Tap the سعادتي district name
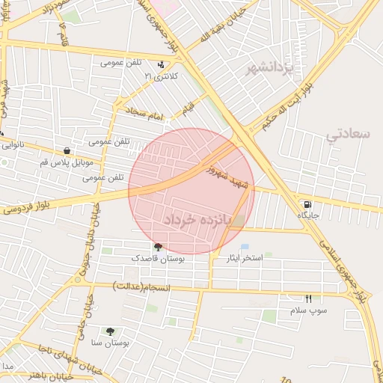point(349,134)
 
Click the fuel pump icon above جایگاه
point(307,204)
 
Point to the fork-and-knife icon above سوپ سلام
point(307,298)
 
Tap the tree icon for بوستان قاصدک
point(157,247)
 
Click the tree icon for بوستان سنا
point(111,331)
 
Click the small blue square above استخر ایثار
point(245,246)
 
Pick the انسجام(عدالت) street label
point(142,287)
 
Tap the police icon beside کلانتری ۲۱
point(162,65)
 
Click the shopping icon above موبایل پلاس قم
point(67,150)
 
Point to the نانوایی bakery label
point(16,146)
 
